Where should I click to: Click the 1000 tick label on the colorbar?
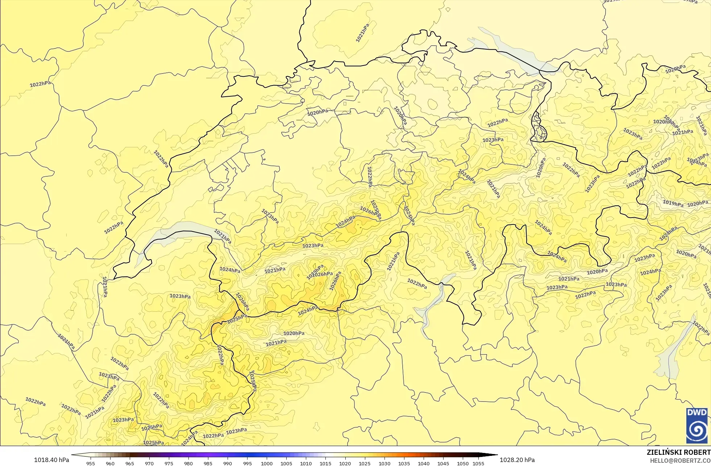(267, 463)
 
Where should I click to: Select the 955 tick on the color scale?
(91, 463)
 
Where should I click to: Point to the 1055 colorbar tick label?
(478, 463)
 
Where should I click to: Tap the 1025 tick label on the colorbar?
(365, 463)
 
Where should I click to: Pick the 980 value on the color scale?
(188, 463)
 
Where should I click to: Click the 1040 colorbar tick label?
(423, 463)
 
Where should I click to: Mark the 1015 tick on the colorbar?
(325, 463)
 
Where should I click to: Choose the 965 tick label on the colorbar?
(130, 463)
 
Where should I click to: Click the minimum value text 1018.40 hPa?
(51, 460)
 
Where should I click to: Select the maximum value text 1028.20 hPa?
(517, 460)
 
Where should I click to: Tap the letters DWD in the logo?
(697, 412)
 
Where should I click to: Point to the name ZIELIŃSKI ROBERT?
(678, 452)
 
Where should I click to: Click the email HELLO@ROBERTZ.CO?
(680, 461)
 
